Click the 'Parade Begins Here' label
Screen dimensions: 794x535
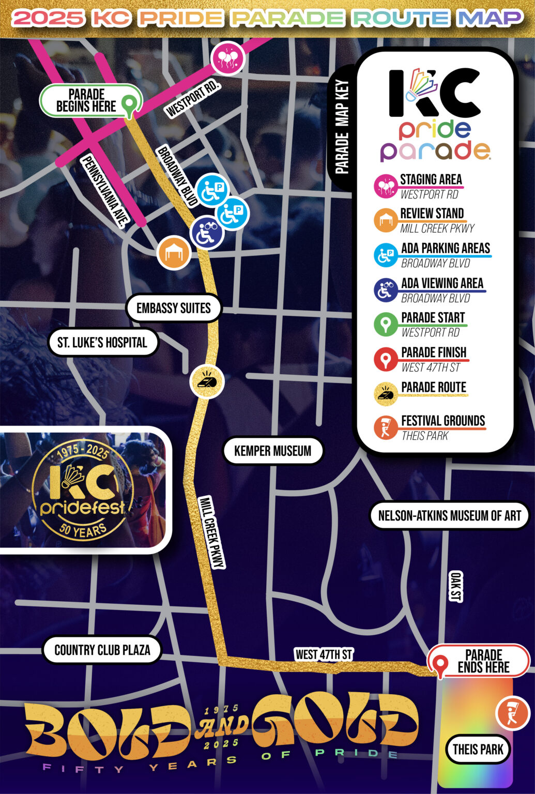86,101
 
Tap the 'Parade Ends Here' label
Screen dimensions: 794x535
483,661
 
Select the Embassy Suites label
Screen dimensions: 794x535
174,308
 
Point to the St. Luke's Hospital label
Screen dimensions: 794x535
102,342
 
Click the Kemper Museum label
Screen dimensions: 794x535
272,451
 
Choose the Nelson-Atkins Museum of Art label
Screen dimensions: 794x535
449,515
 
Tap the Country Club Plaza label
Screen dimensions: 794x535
102,650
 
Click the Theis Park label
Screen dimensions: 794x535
478,749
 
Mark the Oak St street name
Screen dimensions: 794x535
455,587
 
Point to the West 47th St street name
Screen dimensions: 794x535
324,654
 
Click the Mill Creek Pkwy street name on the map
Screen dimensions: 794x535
211,532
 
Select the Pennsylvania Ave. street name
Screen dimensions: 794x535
105,191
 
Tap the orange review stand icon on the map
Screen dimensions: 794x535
174,253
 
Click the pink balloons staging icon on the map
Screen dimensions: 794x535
227,58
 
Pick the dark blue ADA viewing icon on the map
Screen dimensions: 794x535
207,233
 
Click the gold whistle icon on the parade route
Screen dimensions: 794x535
207,381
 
